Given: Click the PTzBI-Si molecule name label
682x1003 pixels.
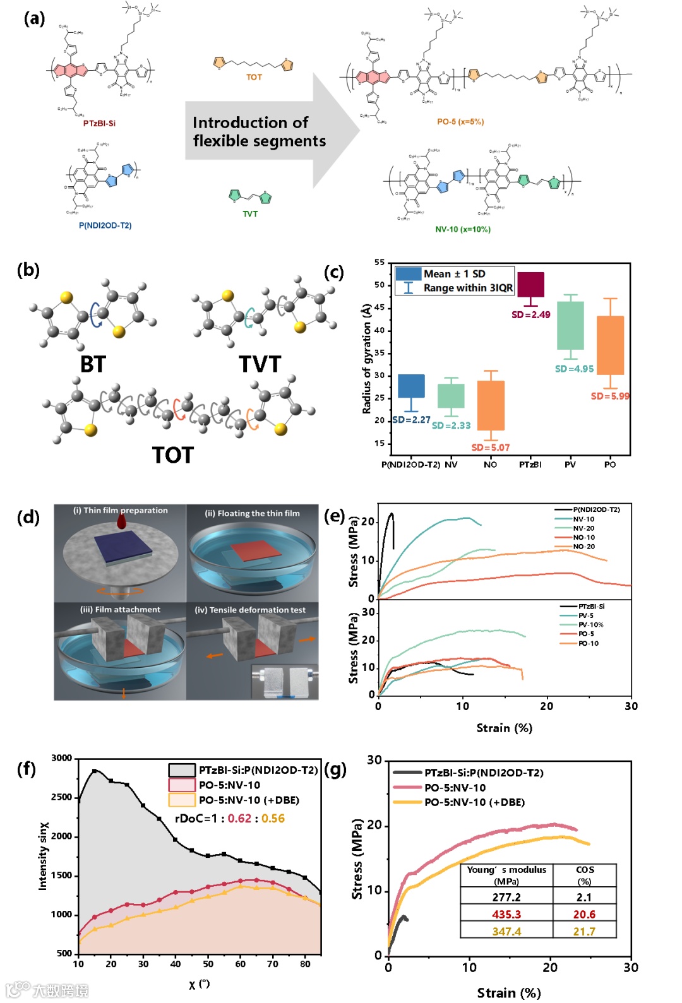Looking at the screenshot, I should coord(99,123).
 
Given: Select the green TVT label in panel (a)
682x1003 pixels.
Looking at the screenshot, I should coord(250,214).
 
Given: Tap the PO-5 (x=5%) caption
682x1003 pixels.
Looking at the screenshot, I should coord(460,122).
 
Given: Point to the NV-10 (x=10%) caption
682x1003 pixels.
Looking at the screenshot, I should coord(463,229).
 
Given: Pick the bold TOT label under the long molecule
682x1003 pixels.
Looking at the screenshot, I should coord(172,455).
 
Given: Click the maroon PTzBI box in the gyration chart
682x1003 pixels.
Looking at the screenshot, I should coord(530,285).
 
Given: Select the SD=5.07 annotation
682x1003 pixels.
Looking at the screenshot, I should coord(490,448).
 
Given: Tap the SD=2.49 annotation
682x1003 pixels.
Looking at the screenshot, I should coord(530,314).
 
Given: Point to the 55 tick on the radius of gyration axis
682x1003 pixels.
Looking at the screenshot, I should coord(379,263).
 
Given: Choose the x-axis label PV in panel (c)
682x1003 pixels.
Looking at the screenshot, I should coord(570,465).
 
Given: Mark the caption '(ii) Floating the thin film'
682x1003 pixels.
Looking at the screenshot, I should coord(252,513).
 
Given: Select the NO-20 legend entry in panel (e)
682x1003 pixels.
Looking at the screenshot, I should coord(583,547).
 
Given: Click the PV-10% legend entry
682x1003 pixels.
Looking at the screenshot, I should coord(590,625).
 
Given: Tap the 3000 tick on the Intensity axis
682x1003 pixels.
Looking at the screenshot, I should coord(62,758).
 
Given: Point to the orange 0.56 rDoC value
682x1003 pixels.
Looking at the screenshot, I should coord(273,818).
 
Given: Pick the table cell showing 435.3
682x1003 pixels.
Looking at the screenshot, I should coord(506,914).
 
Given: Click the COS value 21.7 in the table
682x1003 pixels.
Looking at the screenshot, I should coord(584,931).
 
